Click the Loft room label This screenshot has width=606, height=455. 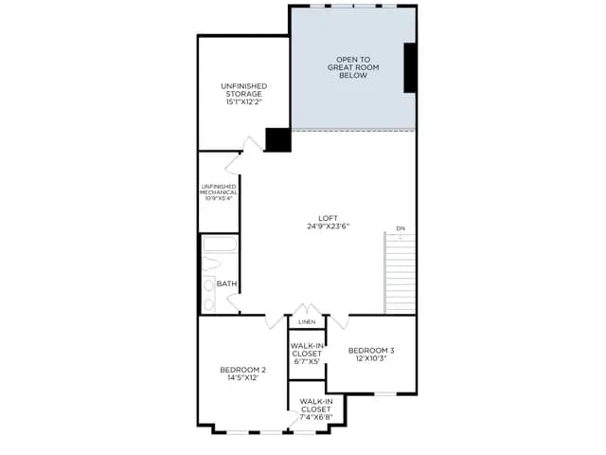tap(329, 222)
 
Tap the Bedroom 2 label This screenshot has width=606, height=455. tap(242, 373)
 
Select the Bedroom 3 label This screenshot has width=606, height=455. tap(371, 354)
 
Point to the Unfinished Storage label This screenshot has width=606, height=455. tap(244, 94)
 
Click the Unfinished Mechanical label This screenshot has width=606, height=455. tap(219, 192)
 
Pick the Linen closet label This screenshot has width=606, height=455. tap(307, 322)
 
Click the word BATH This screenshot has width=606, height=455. tap(227, 284)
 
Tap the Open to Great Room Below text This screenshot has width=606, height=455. tap(353, 67)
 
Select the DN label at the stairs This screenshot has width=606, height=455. tap(401, 228)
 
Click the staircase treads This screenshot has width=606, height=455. tap(400, 273)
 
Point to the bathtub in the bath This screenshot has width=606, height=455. tap(220, 245)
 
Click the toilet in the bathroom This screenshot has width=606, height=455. tap(210, 264)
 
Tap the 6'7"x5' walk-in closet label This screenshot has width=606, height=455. tap(307, 354)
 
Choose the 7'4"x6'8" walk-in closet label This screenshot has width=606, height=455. tap(316, 409)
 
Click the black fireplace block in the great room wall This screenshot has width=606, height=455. tap(410, 68)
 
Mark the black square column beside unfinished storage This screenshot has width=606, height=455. tap(277, 139)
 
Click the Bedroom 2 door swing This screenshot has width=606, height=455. tap(275, 320)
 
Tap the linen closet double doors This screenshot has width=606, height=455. tap(307, 310)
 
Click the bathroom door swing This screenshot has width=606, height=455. tap(233, 302)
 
